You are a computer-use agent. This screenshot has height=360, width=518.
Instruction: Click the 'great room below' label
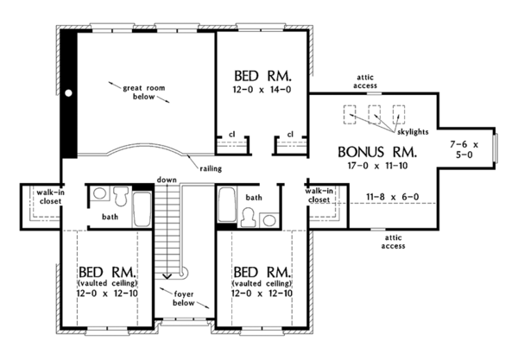pyautogui.click(x=145, y=91)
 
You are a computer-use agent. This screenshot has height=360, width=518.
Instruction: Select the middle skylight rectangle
pyautogui.click(x=375, y=115)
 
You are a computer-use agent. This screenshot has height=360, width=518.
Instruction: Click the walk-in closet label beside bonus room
pyautogui.click(x=321, y=195)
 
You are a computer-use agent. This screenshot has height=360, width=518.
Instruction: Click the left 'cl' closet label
pyautogui.click(x=231, y=134)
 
